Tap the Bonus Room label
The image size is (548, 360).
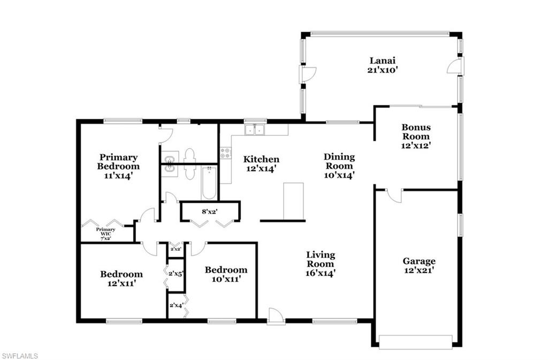tap(416, 132)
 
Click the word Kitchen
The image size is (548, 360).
tap(261, 159)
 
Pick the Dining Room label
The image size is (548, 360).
tap(339, 161)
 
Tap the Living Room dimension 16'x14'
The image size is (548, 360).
tap(321, 273)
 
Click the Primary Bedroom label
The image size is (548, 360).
tap(118, 162)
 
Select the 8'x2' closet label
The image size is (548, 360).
tap(209, 211)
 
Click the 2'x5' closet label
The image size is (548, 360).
tap(177, 274)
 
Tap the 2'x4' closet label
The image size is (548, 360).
tap(176, 305)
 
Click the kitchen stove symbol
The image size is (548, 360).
tap(225, 154)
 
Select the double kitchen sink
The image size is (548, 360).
tap(255, 130)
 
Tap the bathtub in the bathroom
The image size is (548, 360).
tap(208, 182)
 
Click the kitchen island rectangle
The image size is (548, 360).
tap(293, 201)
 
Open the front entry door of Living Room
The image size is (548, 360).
tap(276, 316)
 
